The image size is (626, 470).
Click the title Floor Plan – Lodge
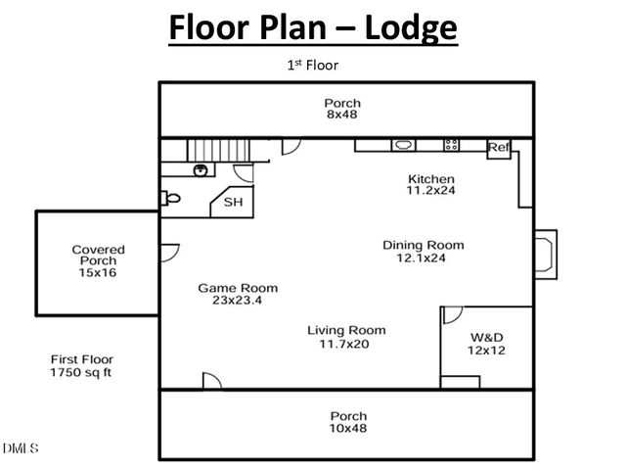coord(313,27)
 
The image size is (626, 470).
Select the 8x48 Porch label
coord(342,109)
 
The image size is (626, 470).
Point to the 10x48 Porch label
coord(348,423)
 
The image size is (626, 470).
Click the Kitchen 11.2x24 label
coord(430,185)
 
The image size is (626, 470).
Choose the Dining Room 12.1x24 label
coord(423,252)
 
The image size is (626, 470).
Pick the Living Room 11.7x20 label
coord(346,337)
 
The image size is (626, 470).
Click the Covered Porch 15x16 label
coord(98,260)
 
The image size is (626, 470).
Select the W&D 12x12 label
coord(485,344)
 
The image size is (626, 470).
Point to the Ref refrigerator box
coord(499,148)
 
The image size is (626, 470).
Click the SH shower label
coord(233,203)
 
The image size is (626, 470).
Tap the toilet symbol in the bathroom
coord(173,198)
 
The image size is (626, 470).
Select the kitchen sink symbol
coord(403,145)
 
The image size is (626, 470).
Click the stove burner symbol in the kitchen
coord(451,145)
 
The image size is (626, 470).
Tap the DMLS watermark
coord(20,449)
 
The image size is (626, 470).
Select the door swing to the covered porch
coord(169,253)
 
